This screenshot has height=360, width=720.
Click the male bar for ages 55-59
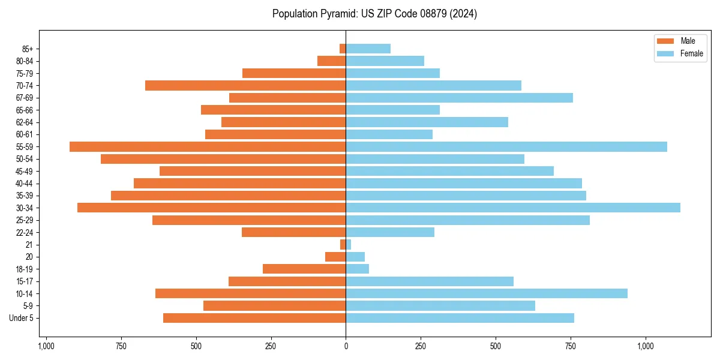tap(208, 146)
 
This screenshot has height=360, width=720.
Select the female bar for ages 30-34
tap(513, 208)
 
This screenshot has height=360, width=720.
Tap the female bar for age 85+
tap(368, 49)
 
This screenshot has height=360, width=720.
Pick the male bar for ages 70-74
tap(245, 85)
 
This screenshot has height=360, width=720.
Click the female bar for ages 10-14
tap(487, 293)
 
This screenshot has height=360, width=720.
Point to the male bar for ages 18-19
tap(304, 269)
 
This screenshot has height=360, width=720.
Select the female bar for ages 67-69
tap(459, 98)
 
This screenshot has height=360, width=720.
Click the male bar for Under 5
tap(254, 318)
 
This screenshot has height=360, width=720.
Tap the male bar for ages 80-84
tap(331, 61)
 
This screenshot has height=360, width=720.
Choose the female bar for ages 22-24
tap(390, 232)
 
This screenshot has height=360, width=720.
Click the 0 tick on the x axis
tap(346, 346)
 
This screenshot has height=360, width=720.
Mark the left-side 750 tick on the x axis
tap(121, 346)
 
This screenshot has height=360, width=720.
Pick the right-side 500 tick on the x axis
tap(496, 346)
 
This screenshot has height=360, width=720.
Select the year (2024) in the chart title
tap(465, 14)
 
